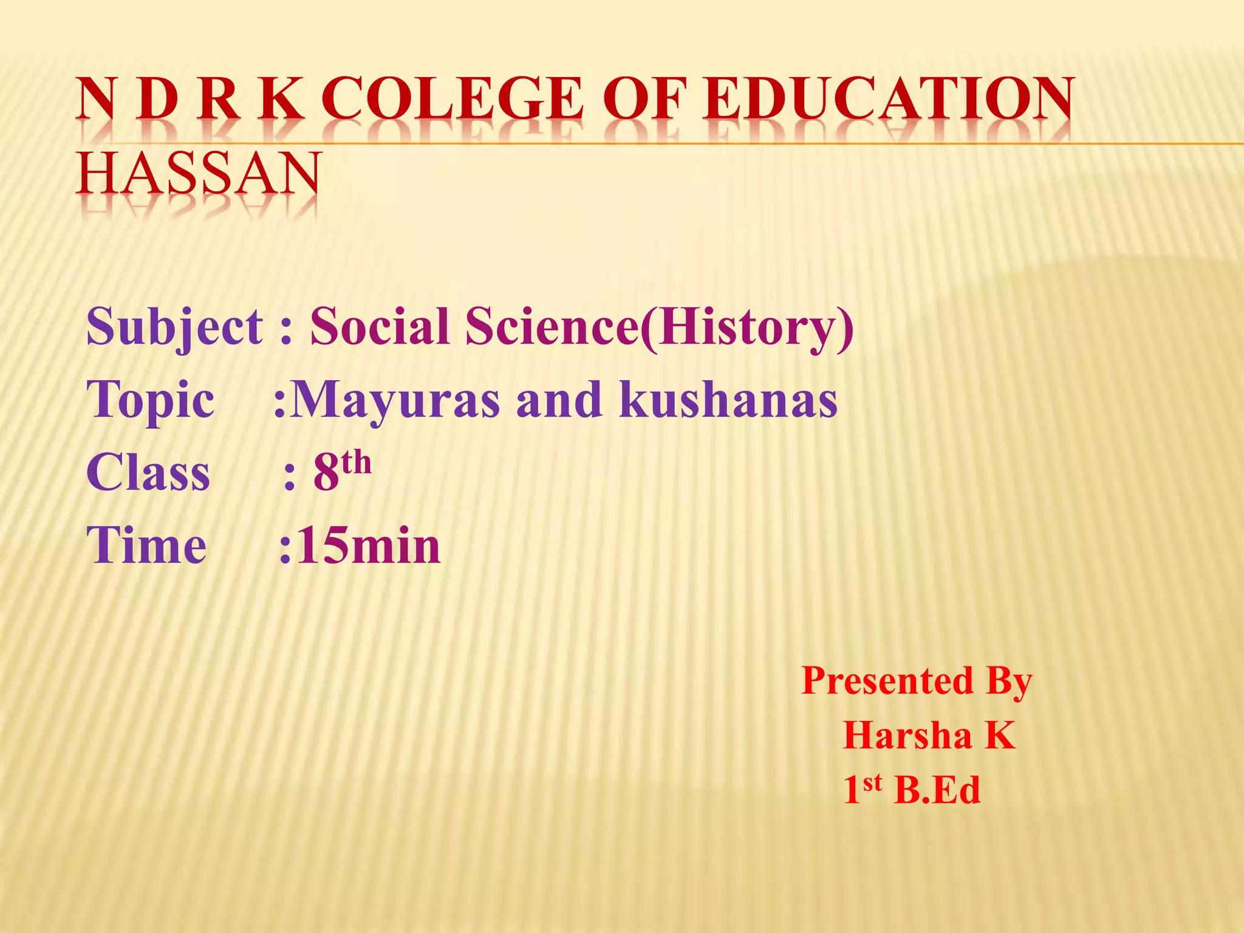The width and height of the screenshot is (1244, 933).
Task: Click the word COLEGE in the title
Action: tap(452, 98)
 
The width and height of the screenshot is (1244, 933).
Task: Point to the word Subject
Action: tap(175, 327)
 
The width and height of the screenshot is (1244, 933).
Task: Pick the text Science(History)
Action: tap(660, 327)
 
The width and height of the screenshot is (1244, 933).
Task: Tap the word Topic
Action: tap(151, 400)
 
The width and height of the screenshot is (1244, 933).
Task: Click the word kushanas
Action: tap(728, 400)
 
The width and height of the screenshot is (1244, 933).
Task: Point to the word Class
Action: tap(148, 473)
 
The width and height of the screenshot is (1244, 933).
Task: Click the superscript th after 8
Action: tap(356, 463)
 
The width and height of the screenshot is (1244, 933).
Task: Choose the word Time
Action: tap(146, 545)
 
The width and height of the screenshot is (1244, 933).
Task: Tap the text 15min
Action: tap(368, 545)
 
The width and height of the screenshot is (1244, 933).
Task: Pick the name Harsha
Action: tap(907, 736)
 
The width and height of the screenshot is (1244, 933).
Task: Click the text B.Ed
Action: tap(937, 790)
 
